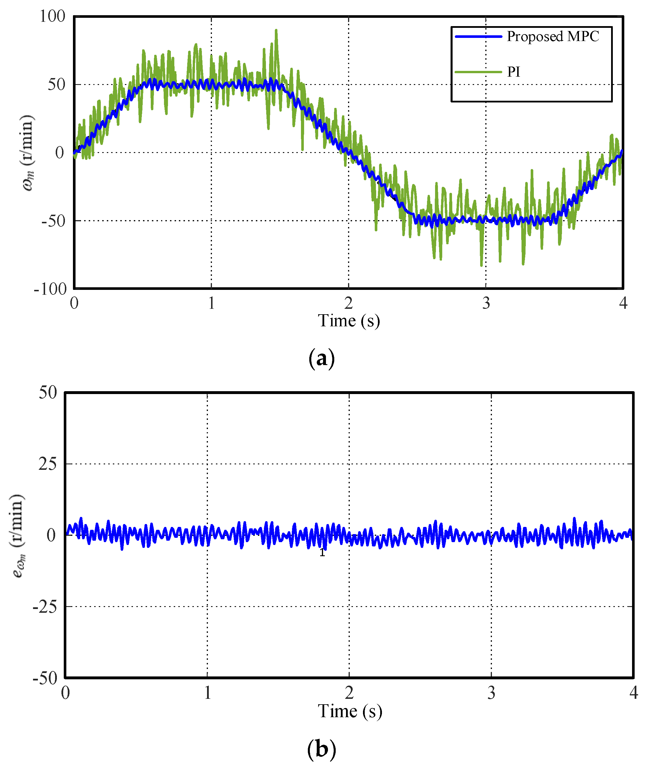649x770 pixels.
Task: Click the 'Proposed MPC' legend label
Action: [553, 36]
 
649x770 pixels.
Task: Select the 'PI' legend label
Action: [514, 72]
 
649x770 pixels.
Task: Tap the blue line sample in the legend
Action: [478, 36]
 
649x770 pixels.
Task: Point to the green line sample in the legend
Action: [478, 72]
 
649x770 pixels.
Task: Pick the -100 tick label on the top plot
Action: [51, 289]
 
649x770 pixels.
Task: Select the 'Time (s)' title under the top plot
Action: [348, 321]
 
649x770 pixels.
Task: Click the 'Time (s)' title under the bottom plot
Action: [350, 711]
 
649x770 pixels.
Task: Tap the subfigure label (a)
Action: [322, 358]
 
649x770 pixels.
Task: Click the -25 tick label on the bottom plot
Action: [45, 607]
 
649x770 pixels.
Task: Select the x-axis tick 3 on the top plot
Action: [486, 303]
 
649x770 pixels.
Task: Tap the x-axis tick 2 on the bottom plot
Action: [349, 693]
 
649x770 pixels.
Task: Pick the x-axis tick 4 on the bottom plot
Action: [633, 693]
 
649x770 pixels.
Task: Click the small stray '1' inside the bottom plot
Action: [322, 552]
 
